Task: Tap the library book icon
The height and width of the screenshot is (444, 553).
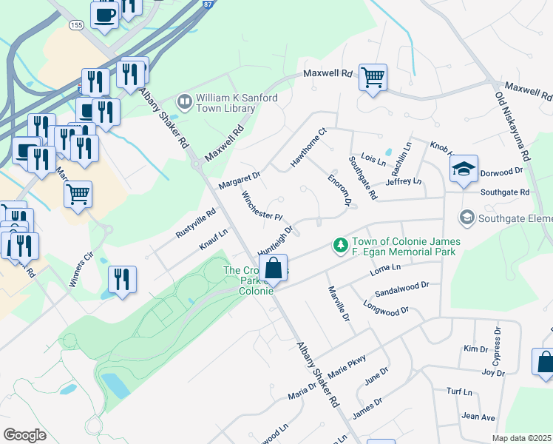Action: click(183, 98)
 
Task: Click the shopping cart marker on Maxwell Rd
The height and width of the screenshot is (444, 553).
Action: click(373, 76)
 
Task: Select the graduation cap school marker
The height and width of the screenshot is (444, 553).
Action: click(464, 169)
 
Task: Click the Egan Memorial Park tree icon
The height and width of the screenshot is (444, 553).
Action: click(340, 244)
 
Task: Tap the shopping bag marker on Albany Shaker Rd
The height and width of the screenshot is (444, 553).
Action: click(274, 268)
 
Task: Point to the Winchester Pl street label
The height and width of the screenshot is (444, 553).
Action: click(262, 206)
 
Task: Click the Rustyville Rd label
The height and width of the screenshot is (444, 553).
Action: click(195, 222)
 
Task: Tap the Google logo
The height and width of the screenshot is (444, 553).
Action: click(25, 434)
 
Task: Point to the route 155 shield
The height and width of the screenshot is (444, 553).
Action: click(76, 24)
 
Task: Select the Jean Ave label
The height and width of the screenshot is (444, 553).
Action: click(478, 417)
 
